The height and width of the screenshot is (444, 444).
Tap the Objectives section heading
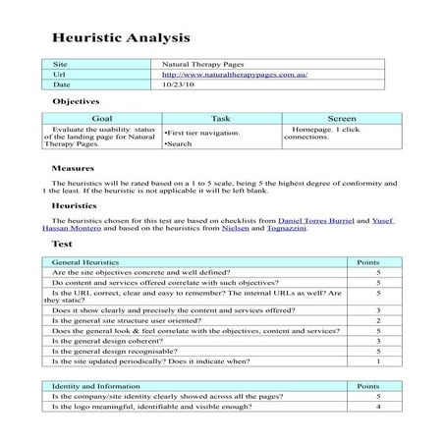pos(77,101)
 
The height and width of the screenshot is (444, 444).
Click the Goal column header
pos(101,117)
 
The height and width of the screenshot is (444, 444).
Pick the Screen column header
pos(341,117)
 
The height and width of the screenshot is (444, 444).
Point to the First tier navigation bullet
pos(202,132)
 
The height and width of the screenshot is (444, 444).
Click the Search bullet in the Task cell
pos(180,144)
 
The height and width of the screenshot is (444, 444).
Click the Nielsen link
pos(275,231)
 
